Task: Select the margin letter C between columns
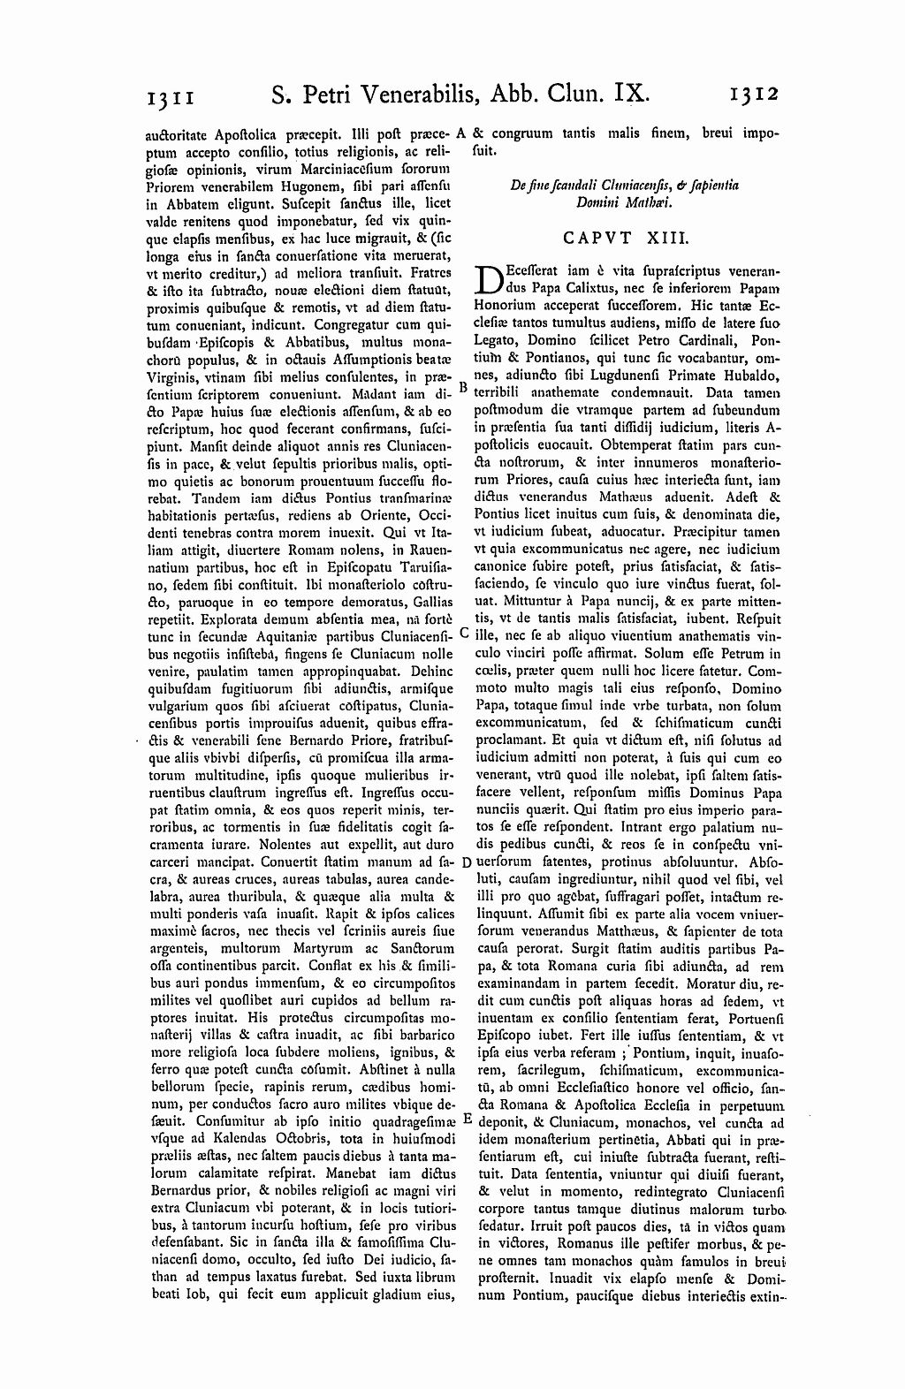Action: (464, 634)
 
